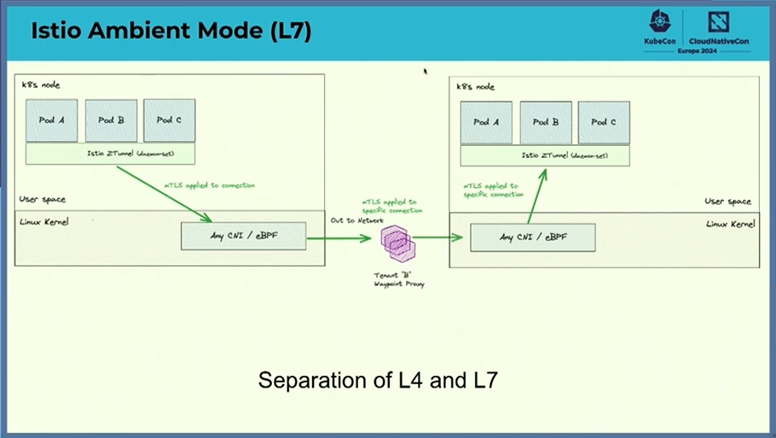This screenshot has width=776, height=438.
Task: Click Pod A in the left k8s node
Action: coord(52,120)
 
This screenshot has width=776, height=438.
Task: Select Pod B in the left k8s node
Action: coord(111,120)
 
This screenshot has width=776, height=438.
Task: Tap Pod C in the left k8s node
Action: coord(169,120)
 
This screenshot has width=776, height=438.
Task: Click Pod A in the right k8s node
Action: coord(486,122)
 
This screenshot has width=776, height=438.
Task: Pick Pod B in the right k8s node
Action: coord(545,122)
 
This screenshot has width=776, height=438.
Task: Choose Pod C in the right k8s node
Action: coord(604,122)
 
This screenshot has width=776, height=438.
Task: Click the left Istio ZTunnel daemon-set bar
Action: coord(110,154)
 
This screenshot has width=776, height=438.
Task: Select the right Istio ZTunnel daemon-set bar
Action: coord(545,155)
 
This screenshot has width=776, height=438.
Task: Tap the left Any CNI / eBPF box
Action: coord(243,236)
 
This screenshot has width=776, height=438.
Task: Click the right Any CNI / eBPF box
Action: coord(532,237)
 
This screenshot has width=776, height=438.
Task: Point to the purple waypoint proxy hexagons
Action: coord(398,242)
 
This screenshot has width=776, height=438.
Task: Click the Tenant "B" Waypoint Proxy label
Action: coord(398,279)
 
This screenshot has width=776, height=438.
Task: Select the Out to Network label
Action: coord(356,220)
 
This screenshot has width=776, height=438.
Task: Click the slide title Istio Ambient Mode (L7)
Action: coord(171,32)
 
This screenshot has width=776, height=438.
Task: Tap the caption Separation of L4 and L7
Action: coord(378,380)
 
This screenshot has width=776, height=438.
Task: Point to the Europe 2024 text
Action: coord(697,51)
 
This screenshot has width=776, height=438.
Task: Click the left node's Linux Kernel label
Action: coord(44,221)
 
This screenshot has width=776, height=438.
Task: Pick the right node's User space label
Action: coord(727,201)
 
